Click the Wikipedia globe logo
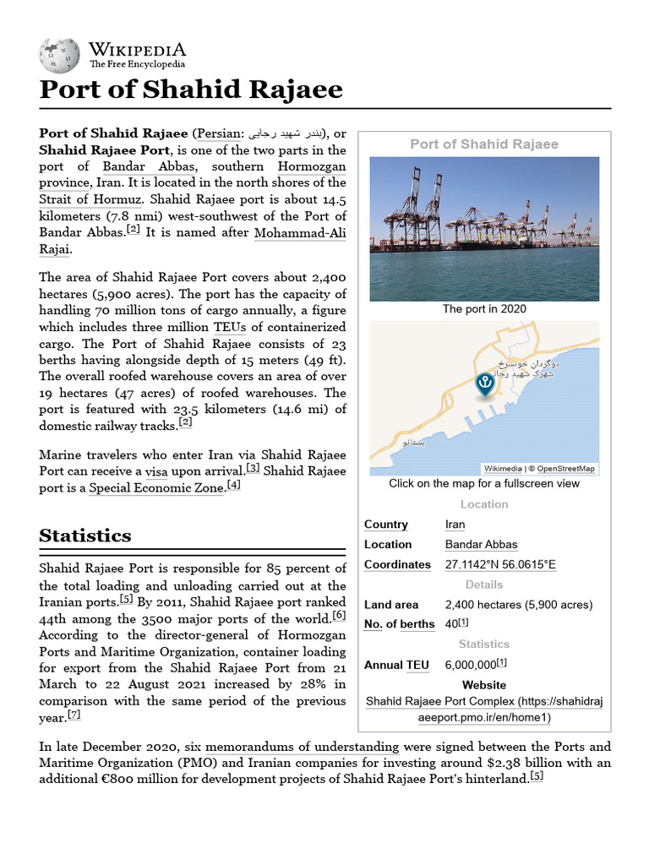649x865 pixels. pos(58,54)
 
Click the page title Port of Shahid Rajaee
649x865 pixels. pos(191,90)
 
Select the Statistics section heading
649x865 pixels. pos(85,536)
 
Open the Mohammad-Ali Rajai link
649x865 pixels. pos(299,232)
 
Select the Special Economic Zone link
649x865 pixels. pos(156,487)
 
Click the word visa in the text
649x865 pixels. pos(156,471)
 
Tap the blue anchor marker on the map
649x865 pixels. pos(484,383)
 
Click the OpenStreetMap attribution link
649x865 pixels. pos(565,469)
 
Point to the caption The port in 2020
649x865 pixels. pos(484,309)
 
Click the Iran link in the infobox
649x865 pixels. pos(455,525)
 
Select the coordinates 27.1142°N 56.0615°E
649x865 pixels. pos(500,565)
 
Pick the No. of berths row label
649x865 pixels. pos(399,624)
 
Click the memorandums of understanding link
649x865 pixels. pos(303,747)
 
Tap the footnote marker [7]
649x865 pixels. pos(74,715)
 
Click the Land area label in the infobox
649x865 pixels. pos(391,605)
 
